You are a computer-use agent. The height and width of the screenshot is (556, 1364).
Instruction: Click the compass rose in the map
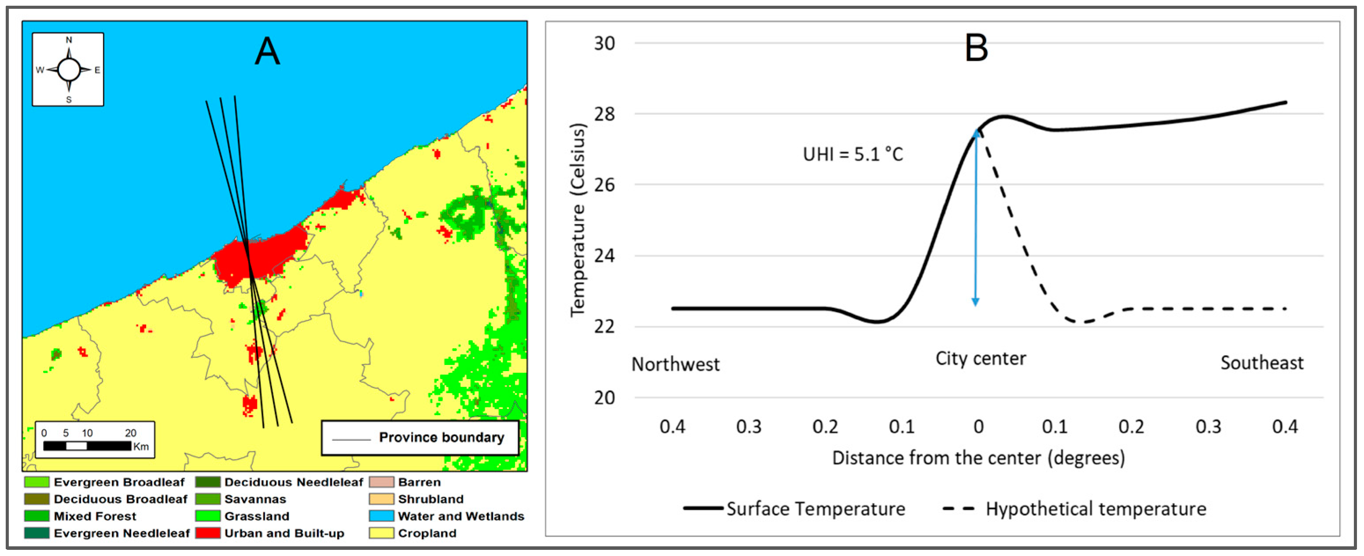pos(68,70)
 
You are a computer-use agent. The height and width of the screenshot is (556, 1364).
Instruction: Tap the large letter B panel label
pos(976,48)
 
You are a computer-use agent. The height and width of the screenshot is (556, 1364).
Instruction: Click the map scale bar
pos(87,446)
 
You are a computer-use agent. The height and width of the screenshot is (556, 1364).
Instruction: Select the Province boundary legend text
pos(441,438)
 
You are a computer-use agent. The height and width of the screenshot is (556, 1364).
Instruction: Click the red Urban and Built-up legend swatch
pos(208,533)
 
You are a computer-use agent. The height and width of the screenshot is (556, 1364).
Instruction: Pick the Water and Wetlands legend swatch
pos(381,516)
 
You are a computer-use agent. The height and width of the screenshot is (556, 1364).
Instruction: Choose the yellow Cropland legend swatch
pos(381,533)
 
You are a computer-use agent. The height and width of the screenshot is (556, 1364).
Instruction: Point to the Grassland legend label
pos(257,516)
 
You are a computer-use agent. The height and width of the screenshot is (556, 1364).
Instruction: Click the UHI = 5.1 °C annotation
pos(853,154)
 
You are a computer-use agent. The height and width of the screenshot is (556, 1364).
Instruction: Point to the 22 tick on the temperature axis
pos(604,326)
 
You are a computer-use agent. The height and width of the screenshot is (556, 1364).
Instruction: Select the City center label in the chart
pos(980,358)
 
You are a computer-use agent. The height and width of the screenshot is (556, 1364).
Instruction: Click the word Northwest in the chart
pos(675,365)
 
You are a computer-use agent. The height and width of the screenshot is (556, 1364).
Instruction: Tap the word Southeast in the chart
pos(1262,363)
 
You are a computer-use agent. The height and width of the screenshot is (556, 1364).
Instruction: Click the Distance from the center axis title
pos(978,457)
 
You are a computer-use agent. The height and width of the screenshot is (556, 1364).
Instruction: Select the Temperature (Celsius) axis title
pos(578,220)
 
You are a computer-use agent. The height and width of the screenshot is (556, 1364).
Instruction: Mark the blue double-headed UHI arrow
pos(975,217)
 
